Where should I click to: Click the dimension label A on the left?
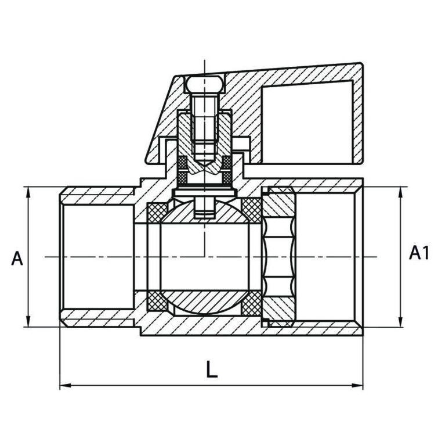[17, 258]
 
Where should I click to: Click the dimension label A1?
[419, 253]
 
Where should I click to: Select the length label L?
[212, 370]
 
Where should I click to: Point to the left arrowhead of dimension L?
[64, 385]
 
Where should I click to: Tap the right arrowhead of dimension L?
[359, 385]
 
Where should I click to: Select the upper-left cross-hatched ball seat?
[157, 211]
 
